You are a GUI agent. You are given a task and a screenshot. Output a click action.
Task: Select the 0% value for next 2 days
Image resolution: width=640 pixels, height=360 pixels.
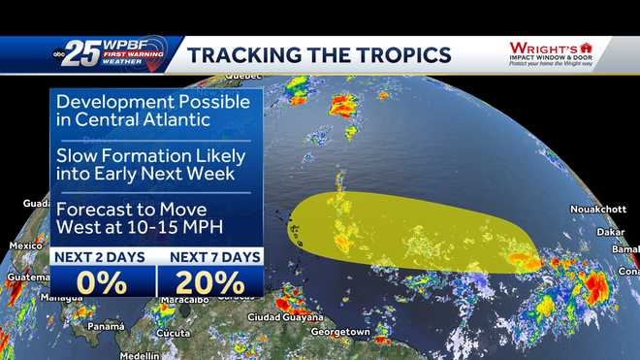[x=102, y=282]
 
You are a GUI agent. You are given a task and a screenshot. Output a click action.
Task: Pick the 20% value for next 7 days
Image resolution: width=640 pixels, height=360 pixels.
[x=209, y=282]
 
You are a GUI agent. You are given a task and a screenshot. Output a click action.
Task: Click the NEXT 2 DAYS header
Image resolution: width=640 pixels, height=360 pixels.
[x=102, y=257]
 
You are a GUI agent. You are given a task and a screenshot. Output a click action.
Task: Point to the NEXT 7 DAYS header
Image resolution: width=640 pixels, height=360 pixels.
[x=209, y=257]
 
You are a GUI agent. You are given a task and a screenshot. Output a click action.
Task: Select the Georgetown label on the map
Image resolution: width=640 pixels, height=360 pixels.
[x=340, y=333]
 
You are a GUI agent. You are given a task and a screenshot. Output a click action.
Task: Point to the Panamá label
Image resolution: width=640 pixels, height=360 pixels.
[x=106, y=326]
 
